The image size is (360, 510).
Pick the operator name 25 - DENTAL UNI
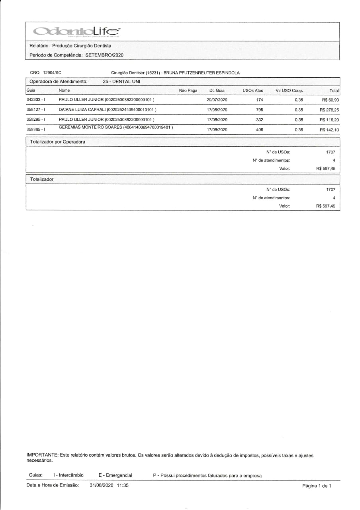(121, 82)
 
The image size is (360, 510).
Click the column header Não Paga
(188, 90)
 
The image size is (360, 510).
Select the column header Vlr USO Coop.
(289, 90)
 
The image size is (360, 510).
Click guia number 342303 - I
(35, 99)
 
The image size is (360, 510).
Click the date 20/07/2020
(217, 99)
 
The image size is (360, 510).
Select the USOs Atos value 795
(260, 110)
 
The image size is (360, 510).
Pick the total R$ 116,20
(329, 120)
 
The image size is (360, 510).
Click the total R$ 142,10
(329, 129)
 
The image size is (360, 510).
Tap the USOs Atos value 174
(260, 99)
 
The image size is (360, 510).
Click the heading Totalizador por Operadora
(58, 141)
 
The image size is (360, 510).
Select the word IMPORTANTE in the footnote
(42, 455)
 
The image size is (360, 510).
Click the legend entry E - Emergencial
(115, 475)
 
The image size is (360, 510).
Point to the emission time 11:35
(123, 485)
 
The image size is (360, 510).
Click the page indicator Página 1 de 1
(317, 486)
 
